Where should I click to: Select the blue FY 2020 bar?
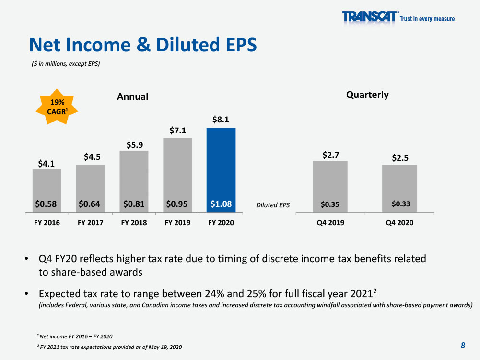[x=221, y=170]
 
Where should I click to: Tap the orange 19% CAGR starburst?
[x=57, y=107]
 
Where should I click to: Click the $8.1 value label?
[x=221, y=120]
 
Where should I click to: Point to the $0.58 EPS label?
[x=46, y=204]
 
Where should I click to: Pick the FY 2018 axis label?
[x=134, y=223]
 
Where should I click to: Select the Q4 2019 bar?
[x=330, y=187]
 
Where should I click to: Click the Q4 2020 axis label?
[x=399, y=223]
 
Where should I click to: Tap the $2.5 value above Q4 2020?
[x=400, y=158]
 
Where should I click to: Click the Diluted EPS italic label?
[x=273, y=205]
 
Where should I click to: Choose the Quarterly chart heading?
[x=367, y=95]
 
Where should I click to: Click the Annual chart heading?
[x=132, y=97]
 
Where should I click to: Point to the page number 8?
[x=463, y=345]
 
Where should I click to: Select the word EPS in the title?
[x=241, y=45]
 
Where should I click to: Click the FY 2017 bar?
[x=90, y=189]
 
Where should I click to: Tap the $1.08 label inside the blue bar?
[x=221, y=204]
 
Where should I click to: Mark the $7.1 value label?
[x=178, y=131]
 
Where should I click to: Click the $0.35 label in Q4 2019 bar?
[x=330, y=204]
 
